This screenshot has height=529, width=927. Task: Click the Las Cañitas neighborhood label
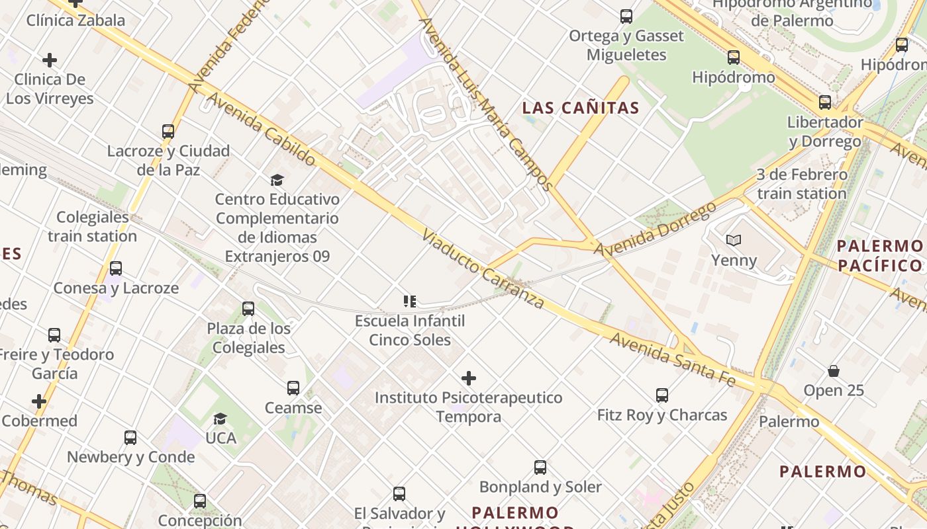581,108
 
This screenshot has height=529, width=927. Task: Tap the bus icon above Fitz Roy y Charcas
662,395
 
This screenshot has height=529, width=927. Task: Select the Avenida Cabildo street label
262,129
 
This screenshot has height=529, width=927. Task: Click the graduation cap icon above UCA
220,419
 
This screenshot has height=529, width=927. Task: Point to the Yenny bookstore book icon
733,241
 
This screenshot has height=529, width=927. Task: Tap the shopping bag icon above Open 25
834,371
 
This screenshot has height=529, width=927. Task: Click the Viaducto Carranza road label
483,270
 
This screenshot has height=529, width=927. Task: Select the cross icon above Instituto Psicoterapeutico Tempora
469,378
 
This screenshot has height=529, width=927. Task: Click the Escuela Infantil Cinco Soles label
410,331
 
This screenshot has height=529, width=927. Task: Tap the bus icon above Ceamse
293,388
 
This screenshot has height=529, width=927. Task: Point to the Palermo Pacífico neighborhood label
879,256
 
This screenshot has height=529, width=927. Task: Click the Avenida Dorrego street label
655,230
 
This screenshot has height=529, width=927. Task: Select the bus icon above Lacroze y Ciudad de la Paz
168,132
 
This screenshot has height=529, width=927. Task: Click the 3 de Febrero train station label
802,184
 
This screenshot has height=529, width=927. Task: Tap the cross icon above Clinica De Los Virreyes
50,60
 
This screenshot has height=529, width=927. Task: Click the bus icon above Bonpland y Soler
540,468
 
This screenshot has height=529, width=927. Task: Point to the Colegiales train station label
92,227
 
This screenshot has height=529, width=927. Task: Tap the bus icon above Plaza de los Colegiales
248,309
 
